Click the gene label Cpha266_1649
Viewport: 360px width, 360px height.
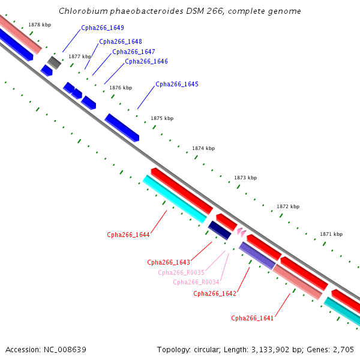(103, 28)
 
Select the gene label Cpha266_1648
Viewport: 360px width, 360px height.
(121, 41)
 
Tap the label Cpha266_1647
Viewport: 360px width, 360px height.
(134, 52)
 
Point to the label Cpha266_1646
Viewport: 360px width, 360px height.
(146, 62)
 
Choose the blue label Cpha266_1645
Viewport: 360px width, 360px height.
(177, 84)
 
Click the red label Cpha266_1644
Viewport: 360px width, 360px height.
(128, 235)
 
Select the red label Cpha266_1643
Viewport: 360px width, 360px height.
(169, 262)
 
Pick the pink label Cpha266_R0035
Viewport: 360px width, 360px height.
(181, 272)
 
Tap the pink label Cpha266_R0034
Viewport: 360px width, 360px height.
(196, 282)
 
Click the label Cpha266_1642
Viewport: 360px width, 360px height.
(215, 293)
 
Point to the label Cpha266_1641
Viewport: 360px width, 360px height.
(253, 318)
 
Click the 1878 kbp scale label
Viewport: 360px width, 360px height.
(40, 25)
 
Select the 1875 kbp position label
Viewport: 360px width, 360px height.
(162, 118)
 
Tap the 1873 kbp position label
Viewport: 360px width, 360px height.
(245, 178)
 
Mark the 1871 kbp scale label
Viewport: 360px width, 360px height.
(331, 234)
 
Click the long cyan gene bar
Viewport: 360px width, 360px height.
(175, 199)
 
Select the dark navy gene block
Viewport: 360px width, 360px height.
(220, 230)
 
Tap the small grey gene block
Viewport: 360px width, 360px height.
(55, 62)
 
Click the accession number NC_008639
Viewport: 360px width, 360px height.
(65, 350)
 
